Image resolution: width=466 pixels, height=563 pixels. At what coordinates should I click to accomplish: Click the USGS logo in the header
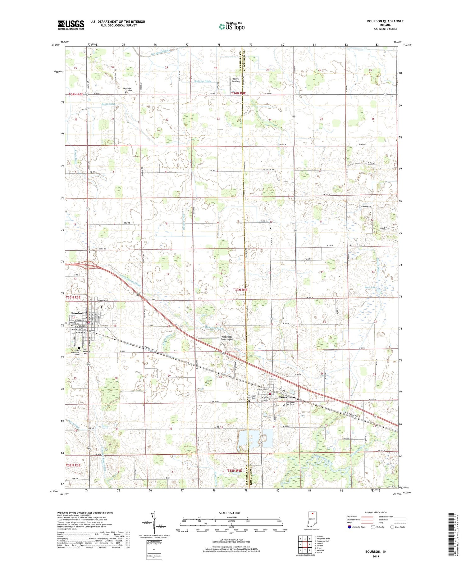click(x=71, y=25)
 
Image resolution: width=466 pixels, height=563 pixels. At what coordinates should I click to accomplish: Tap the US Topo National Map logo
click(x=231, y=26)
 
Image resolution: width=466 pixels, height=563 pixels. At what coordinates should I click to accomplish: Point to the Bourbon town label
click(x=77, y=313)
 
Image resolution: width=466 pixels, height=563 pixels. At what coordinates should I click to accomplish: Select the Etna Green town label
click(x=287, y=397)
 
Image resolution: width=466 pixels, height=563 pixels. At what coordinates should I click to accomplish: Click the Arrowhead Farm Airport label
click(x=227, y=338)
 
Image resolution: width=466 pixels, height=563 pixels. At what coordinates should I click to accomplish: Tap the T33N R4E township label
click(x=240, y=289)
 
